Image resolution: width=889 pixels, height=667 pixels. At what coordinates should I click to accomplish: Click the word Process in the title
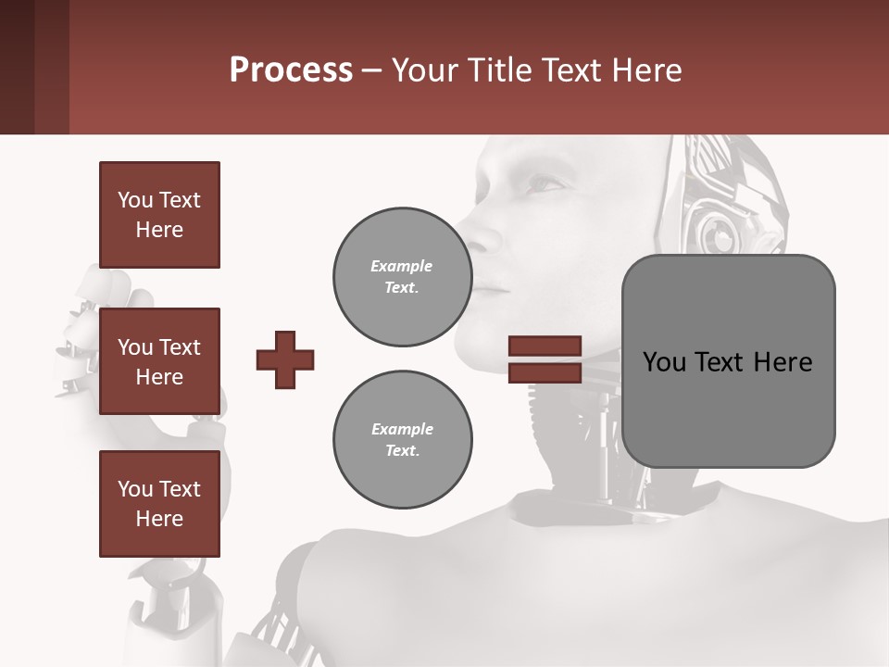coord(291,69)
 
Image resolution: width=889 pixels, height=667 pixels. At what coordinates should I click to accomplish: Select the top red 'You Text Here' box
coord(159,215)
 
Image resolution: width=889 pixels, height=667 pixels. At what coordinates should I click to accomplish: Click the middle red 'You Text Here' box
coord(159,361)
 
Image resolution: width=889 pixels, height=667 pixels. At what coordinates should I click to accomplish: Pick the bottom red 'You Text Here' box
coord(159,504)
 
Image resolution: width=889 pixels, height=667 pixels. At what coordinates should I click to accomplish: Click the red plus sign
coord(285,359)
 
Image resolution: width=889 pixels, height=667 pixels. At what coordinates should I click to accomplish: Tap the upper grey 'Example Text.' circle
coord(402,277)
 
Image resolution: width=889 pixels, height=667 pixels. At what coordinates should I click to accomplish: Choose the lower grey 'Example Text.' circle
coord(402,440)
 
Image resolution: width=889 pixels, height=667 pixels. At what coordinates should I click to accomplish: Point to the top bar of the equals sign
coord(545,346)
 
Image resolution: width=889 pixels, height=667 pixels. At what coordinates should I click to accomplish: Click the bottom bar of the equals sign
coord(545,372)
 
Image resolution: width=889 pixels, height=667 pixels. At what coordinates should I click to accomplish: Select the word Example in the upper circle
coord(402,266)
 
